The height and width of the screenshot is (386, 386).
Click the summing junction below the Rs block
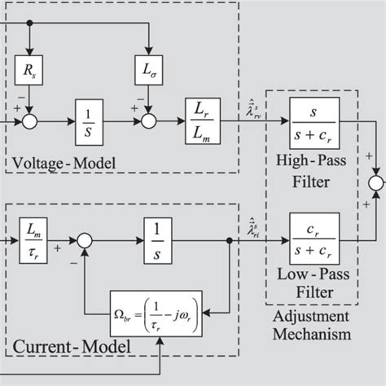pyautogui.click(x=30, y=125)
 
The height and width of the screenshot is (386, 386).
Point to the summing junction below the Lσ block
pyautogui.click(x=147, y=125)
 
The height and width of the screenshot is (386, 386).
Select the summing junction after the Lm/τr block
pyautogui.click(x=85, y=240)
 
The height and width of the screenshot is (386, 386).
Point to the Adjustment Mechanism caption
pyautogui.click(x=311, y=325)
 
